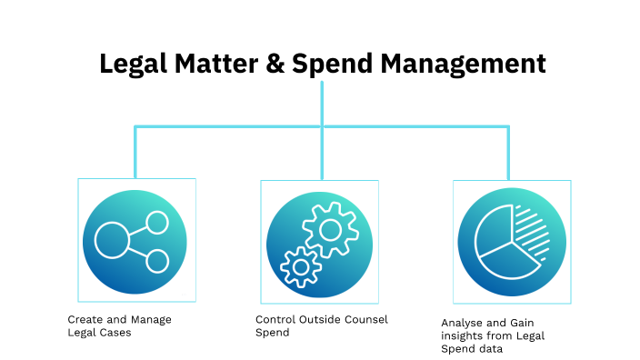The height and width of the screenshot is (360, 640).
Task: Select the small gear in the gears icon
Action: tap(299, 266)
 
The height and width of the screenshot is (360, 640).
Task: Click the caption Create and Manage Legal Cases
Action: tap(119, 325)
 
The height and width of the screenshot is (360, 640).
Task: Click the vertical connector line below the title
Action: tap(322, 103)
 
